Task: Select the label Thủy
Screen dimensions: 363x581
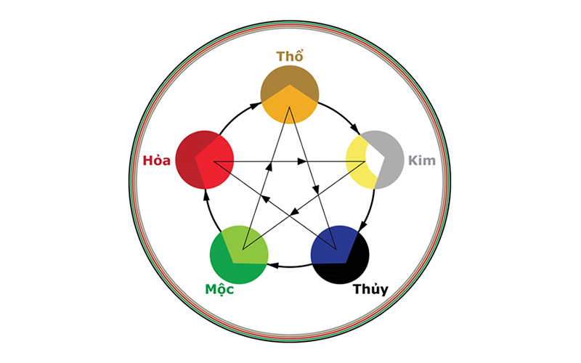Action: pyautogui.click(x=370, y=290)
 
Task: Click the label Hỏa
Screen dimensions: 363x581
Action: pyautogui.click(x=157, y=160)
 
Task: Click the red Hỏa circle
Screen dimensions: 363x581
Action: pyautogui.click(x=205, y=160)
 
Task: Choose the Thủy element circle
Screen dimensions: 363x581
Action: pyautogui.click(x=340, y=256)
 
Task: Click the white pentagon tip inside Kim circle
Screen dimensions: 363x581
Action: pyautogui.click(x=373, y=158)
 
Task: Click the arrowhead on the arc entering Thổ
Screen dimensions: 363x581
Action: pyautogui.click(x=256, y=107)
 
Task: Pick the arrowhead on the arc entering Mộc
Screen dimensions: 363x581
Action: pyautogui.click(x=271, y=266)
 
